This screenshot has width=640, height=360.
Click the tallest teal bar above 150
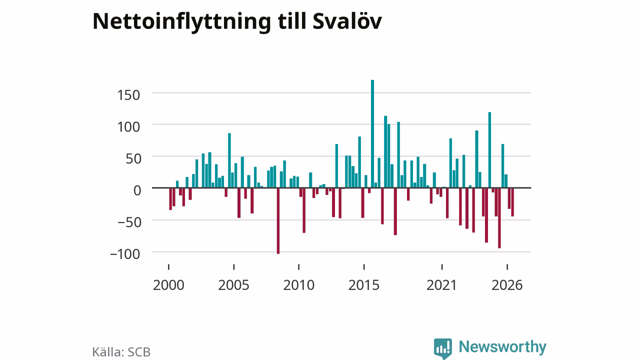pyautogui.click(x=372, y=133)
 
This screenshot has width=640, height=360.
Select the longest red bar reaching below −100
pyautogui.click(x=278, y=221)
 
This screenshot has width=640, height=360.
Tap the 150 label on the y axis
pyautogui.click(x=128, y=95)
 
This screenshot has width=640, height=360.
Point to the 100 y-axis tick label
pyautogui.click(x=128, y=127)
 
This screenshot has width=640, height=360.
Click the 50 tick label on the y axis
pyautogui.click(x=133, y=158)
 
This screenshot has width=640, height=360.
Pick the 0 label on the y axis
pyautogui.click(x=137, y=190)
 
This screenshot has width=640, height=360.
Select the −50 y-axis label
pyautogui.click(x=129, y=222)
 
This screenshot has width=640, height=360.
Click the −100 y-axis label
pyautogui.click(x=125, y=254)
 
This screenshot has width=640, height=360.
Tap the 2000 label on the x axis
pyautogui.click(x=168, y=285)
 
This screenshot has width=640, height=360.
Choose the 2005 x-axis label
pyautogui.click(x=233, y=285)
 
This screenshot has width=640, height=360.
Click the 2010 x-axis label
pyautogui.click(x=299, y=285)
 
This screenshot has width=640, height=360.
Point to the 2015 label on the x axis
pyautogui.click(x=363, y=285)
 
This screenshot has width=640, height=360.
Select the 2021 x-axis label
pyautogui.click(x=441, y=285)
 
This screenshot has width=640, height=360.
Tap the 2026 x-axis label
pyautogui.click(x=507, y=285)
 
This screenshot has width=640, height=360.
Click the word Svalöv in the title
pyautogui.click(x=347, y=21)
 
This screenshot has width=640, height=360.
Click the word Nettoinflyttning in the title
pyautogui.click(x=181, y=22)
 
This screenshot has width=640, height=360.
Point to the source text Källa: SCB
pyautogui.click(x=121, y=352)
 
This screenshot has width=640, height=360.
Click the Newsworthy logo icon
pyautogui.click(x=443, y=348)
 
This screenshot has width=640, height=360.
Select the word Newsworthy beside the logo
pyautogui.click(x=502, y=347)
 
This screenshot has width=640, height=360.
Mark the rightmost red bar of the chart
pyautogui.click(x=512, y=202)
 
